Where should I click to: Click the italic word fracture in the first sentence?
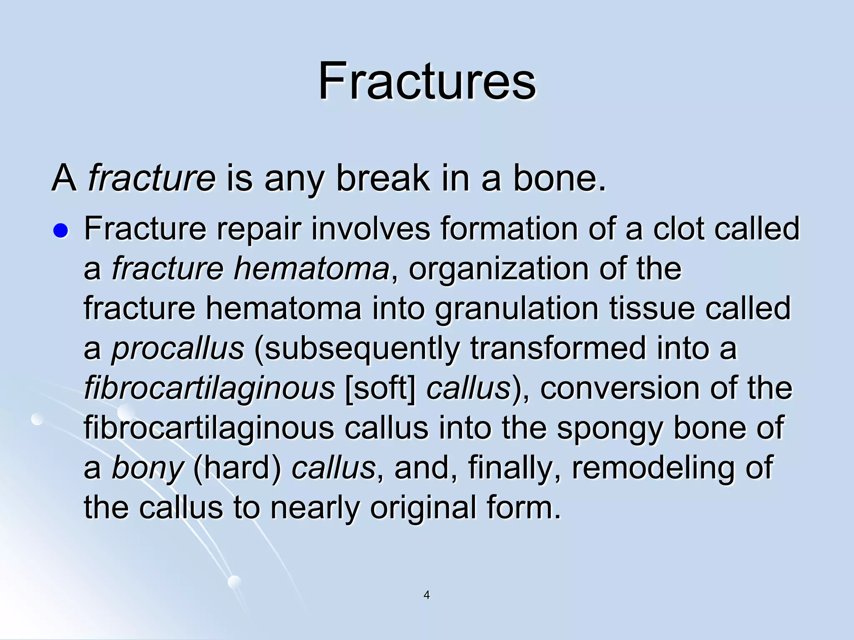[x=152, y=178]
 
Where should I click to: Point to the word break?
[x=382, y=178]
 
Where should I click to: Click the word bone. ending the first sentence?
[x=559, y=178]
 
